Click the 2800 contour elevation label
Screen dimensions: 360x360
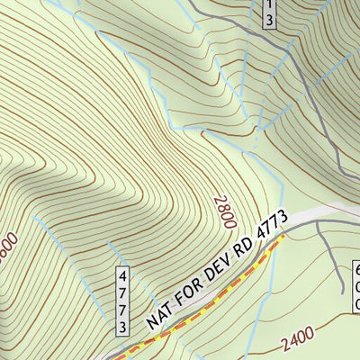pyautogui.click(x=222, y=213)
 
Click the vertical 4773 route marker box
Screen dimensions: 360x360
pyautogui.click(x=121, y=301)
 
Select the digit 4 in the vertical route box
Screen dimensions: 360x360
pyautogui.click(x=121, y=276)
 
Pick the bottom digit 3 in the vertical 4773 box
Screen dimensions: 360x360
pyautogui.click(x=121, y=326)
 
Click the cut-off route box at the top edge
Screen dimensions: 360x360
pyautogui.click(x=268, y=13)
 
